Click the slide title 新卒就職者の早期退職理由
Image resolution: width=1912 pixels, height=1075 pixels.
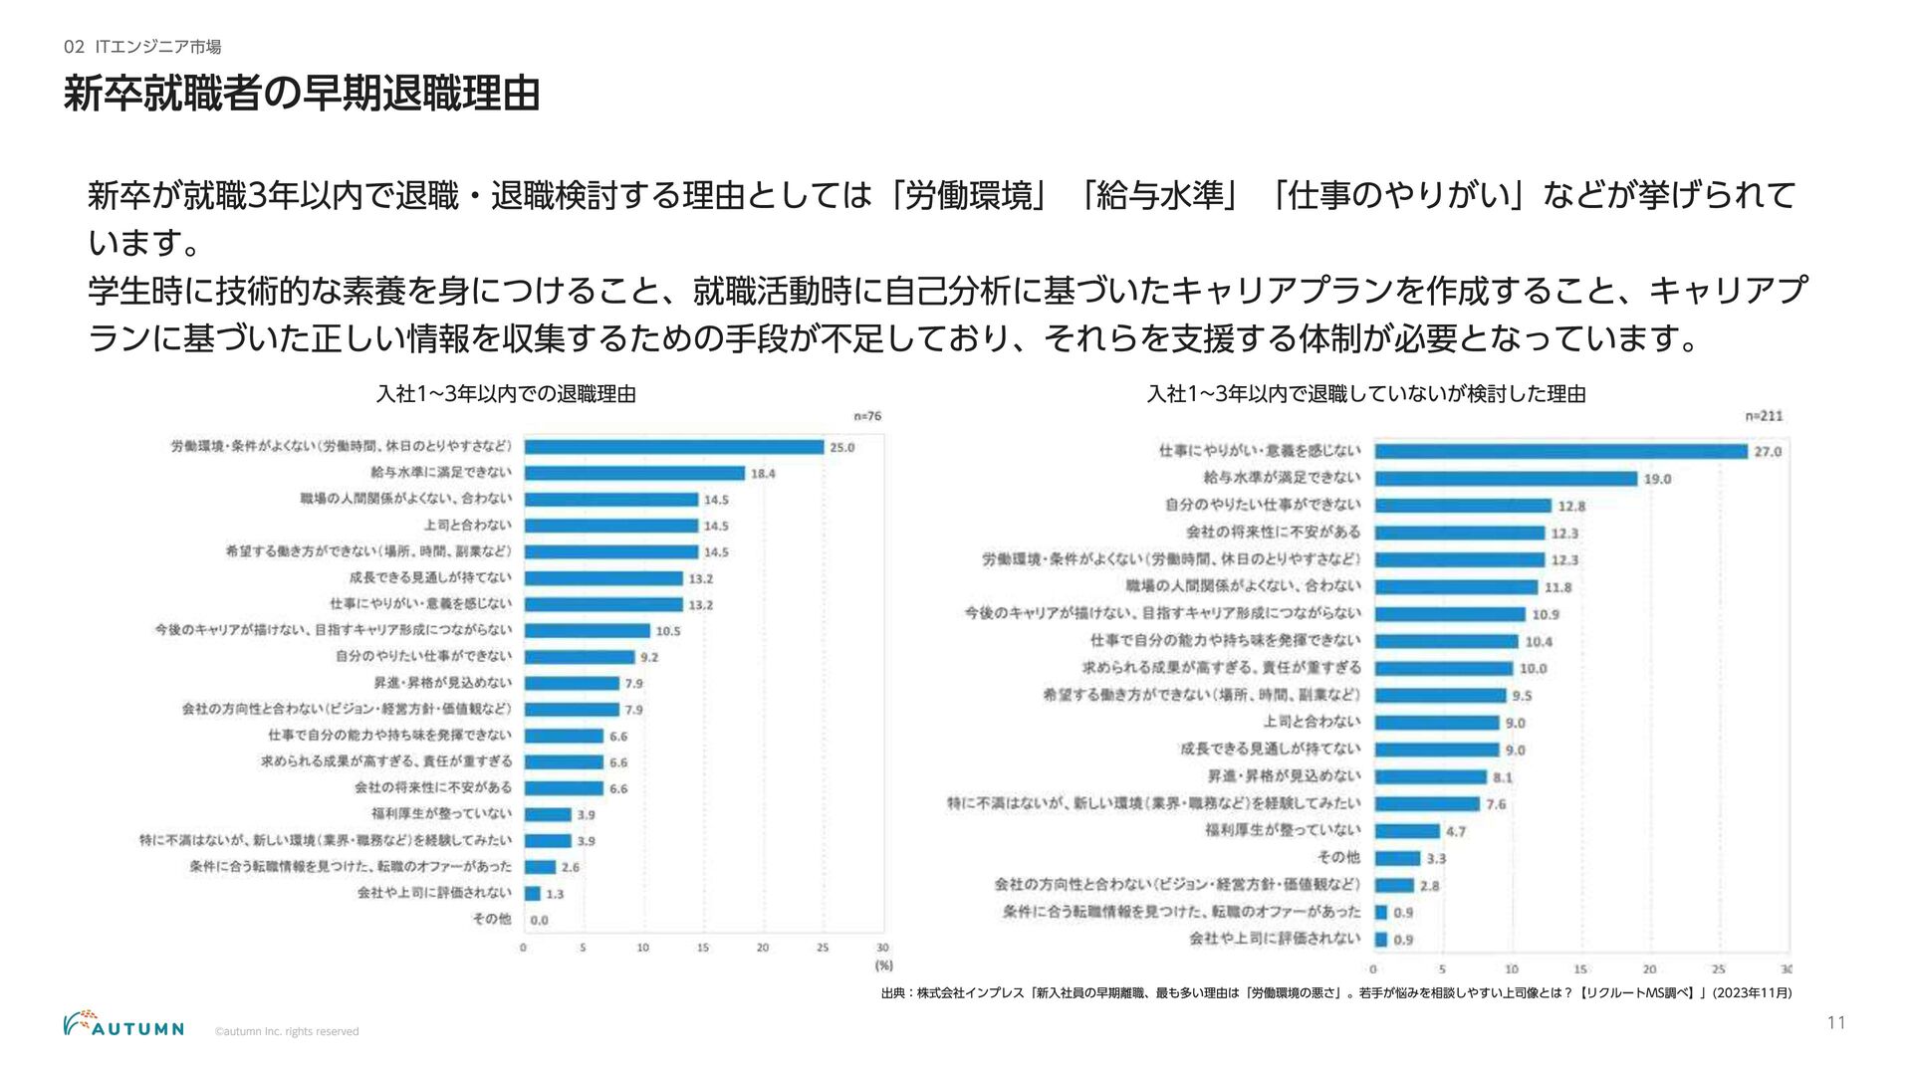pyautogui.click(x=301, y=95)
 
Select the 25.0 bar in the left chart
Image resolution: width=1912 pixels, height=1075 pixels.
pyautogui.click(x=673, y=447)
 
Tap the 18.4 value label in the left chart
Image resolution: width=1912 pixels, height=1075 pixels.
pyautogui.click(x=763, y=474)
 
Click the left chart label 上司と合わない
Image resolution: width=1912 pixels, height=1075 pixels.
pyautogui.click(x=467, y=526)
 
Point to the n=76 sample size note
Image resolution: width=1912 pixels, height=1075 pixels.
pyautogui.click(x=867, y=416)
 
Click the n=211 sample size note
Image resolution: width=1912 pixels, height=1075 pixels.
pyautogui.click(x=1764, y=416)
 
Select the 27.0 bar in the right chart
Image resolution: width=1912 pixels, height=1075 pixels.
pyautogui.click(x=1560, y=451)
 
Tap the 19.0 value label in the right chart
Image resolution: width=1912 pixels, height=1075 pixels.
pyautogui.click(x=1657, y=479)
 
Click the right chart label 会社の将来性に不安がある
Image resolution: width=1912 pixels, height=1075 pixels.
pyautogui.click(x=1273, y=533)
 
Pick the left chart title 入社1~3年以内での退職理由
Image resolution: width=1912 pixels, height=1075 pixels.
pyautogui.click(x=506, y=394)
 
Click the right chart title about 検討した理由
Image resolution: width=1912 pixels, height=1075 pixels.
pyautogui.click(x=1366, y=394)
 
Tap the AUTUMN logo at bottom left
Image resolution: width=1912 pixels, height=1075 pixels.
pyautogui.click(x=123, y=1025)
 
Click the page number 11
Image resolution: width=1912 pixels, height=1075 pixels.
pyautogui.click(x=1836, y=1023)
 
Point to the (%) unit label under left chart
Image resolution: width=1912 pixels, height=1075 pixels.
pyautogui.click(x=883, y=966)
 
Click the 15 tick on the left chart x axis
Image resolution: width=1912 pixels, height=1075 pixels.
pyautogui.click(x=703, y=948)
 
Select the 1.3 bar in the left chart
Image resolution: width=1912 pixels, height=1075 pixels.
pyautogui.click(x=533, y=894)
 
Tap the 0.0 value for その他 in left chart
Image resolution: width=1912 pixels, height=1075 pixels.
pyautogui.click(x=539, y=921)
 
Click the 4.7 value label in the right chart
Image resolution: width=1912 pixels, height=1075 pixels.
pyautogui.click(x=1456, y=831)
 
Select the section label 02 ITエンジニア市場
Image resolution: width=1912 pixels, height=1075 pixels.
pyautogui.click(x=142, y=47)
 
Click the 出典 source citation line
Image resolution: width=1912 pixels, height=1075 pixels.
pyautogui.click(x=1335, y=992)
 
